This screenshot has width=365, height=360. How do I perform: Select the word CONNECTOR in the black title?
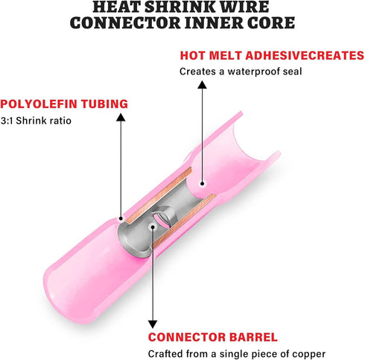(x=125, y=23)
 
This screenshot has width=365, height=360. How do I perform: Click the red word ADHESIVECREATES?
(x=305, y=55)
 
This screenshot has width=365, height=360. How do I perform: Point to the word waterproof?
(x=253, y=72)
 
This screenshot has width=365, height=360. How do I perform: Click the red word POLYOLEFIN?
(x=39, y=104)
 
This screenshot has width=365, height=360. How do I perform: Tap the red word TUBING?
(x=104, y=104)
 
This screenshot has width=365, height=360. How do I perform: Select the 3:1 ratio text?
(x=7, y=121)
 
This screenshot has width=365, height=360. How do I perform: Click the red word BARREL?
(x=253, y=337)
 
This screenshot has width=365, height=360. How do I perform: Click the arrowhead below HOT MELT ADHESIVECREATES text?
(x=202, y=84)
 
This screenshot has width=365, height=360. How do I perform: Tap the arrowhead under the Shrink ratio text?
(x=121, y=117)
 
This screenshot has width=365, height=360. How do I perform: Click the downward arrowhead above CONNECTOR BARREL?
(x=153, y=324)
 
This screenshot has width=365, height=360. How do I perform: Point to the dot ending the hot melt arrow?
(x=202, y=183)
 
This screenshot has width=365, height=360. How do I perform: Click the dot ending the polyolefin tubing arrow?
(x=121, y=218)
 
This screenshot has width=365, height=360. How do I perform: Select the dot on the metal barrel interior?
(x=153, y=227)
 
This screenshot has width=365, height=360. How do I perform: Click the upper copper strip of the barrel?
(x=159, y=195)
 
